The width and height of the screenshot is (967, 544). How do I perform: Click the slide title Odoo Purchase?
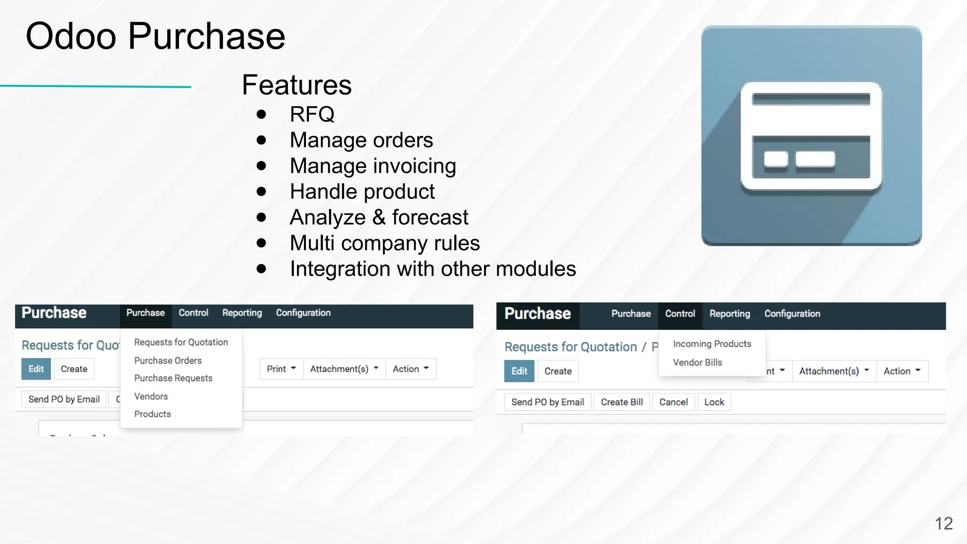coord(155,36)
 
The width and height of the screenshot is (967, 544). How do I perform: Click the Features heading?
coord(297,85)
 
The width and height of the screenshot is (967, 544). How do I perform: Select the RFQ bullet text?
coord(312,114)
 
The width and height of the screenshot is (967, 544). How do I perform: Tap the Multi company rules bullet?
coord(384,243)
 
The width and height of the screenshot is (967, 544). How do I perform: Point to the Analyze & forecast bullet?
coord(379,217)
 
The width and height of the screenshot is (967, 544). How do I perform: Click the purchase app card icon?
coord(811,136)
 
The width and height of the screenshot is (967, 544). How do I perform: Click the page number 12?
coord(943,523)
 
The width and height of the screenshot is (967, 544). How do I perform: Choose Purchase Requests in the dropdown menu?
coord(173,378)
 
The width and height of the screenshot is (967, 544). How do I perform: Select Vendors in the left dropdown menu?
coord(151,396)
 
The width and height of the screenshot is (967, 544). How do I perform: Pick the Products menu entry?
coord(153,414)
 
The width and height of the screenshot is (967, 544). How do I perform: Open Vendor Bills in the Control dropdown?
coord(697,362)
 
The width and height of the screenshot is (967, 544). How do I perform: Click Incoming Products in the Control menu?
coord(712,344)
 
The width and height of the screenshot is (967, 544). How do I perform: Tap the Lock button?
coord(714,402)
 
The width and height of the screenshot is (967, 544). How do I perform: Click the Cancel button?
coord(673,402)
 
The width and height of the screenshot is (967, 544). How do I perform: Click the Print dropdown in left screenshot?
coord(281,369)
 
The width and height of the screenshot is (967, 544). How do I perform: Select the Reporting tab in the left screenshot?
coord(242,313)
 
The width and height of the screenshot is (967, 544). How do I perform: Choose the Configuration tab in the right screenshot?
coord(792,314)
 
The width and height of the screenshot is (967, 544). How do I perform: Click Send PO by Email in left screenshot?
coord(64,399)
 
